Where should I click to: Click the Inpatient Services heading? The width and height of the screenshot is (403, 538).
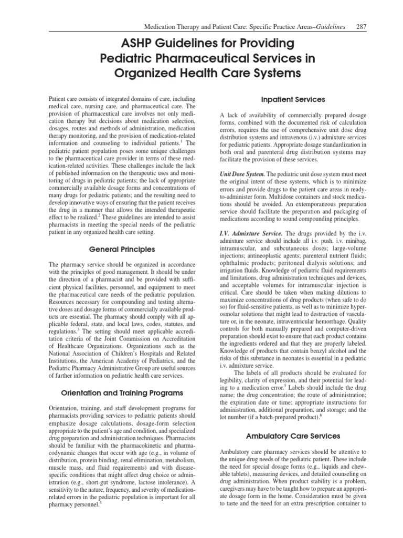click(x=293, y=99)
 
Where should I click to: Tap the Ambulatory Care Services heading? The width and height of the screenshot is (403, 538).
click(x=293, y=436)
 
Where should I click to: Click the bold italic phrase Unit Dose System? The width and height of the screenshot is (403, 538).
click(x=242, y=173)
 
